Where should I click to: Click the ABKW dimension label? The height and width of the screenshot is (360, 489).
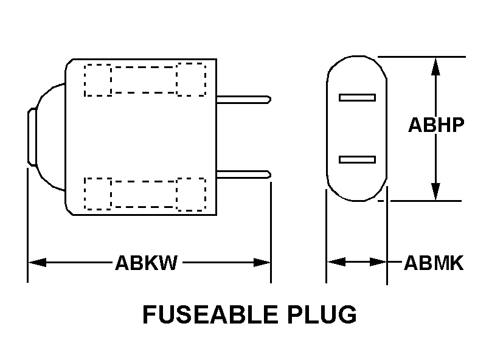pos(147,263)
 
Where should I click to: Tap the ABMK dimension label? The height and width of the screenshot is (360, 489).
pos(434,263)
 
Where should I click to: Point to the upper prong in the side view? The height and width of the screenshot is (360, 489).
pos(243,98)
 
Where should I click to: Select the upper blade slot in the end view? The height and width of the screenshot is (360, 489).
pos(357,97)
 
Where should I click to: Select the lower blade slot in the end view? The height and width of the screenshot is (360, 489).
pos(357,159)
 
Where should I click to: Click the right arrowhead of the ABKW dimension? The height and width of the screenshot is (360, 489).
pos(263,263)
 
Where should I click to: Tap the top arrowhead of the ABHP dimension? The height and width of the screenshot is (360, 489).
pos(435,66)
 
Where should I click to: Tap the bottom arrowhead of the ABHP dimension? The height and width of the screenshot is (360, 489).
pos(435,192)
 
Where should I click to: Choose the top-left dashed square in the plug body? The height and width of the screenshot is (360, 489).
pos(97,79)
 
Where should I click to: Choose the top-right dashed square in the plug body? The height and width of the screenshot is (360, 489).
pos(191,79)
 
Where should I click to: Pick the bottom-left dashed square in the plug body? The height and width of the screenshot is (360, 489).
pos(97,193)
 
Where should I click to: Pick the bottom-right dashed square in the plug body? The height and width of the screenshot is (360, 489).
pos(191,193)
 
